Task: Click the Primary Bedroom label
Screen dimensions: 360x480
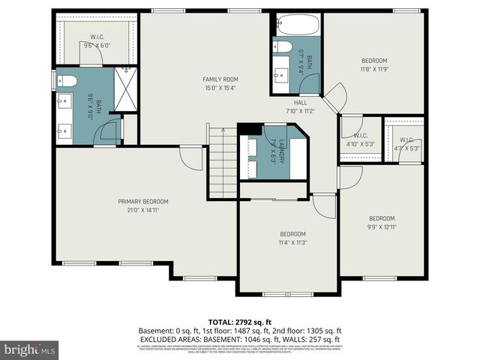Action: point(142,201)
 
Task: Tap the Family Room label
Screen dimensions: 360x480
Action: point(220,79)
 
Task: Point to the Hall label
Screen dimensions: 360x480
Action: point(300,103)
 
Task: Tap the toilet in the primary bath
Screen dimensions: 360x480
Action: point(67,81)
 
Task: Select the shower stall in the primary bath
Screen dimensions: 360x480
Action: point(127,91)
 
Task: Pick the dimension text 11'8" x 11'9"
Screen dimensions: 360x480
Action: point(373,69)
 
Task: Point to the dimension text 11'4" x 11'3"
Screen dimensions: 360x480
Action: point(292,241)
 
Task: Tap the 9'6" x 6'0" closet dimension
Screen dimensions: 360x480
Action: point(97,46)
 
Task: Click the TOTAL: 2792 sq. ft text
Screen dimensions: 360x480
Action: point(239,321)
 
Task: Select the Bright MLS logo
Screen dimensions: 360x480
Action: point(30,349)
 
